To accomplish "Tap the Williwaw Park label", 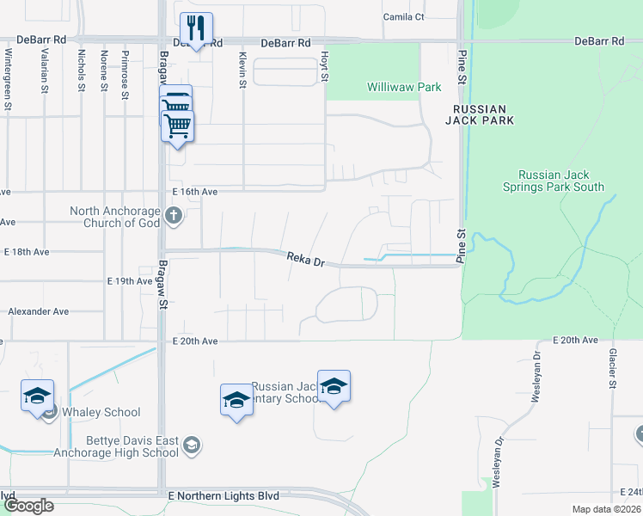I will [404, 87].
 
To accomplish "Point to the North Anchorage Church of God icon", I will [174, 215].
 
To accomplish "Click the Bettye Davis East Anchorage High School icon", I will [192, 445].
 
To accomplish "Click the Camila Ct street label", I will [404, 17].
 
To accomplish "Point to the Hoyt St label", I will [325, 66].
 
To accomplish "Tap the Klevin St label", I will [242, 70].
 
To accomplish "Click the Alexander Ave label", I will [38, 311].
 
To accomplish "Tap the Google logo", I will [28, 506].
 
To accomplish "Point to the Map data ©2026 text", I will [606, 509].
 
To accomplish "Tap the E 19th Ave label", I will [130, 281].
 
